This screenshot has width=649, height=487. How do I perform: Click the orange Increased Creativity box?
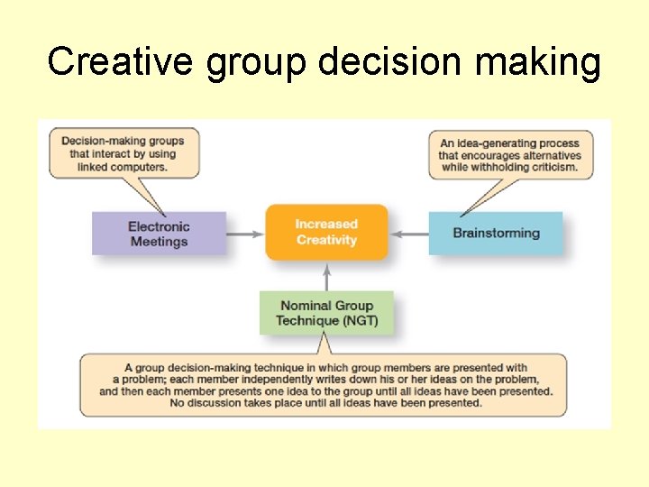coord(326,232)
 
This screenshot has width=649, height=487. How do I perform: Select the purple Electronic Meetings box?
coord(158,234)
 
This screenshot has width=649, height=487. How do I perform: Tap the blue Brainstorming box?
coord(496,234)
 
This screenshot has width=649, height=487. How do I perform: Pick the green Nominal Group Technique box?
coord(326,312)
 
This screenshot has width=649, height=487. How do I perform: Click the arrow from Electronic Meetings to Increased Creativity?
coord(244,234)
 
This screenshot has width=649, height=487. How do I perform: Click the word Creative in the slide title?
coord(121,62)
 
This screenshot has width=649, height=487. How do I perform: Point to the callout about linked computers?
coord(123,153)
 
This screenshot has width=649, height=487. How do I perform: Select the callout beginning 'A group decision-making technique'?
coord(324,385)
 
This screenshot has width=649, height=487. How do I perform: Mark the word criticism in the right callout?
coord(548,168)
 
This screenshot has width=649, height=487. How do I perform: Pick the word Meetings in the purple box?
coord(159,242)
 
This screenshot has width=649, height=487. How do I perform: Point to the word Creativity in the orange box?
coord(326,240)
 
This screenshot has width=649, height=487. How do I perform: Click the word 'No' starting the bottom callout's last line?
coord(177,403)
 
